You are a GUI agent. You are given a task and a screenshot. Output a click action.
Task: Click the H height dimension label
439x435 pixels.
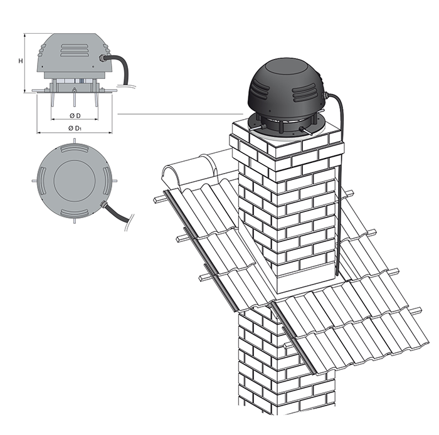pyautogui.click(x=21, y=61)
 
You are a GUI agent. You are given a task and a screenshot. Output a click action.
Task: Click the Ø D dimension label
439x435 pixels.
pyautogui.click(x=75, y=115)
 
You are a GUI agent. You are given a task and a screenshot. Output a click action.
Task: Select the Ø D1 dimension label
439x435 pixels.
pyautogui.click(x=75, y=128)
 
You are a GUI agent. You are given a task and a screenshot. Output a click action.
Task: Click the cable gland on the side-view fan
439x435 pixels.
pyautogui.click(x=102, y=58)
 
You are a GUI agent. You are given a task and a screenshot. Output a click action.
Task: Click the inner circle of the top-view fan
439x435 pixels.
pyautogui.click(x=75, y=181)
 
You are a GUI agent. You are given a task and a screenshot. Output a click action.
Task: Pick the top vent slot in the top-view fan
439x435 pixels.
pyautogui.click(x=75, y=148)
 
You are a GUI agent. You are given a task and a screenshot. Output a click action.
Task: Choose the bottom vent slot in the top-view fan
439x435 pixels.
pyautogui.click(x=75, y=213)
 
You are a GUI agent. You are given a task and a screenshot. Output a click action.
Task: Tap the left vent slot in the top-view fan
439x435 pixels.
pyautogui.click(x=42, y=181)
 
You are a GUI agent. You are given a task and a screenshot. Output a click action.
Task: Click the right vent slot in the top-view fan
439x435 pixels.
pyautogui.click(x=107, y=181)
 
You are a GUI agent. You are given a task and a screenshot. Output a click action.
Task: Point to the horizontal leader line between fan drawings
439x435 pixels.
pyautogui.click(x=180, y=114)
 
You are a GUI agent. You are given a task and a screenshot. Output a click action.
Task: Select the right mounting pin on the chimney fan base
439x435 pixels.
pyautogui.click(x=306, y=130)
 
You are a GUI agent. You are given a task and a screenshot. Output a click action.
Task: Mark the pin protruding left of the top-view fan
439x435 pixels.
pyautogui.click(x=34, y=181)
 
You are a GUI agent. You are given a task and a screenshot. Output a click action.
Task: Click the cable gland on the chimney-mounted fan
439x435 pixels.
pyautogui.click(x=324, y=97)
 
